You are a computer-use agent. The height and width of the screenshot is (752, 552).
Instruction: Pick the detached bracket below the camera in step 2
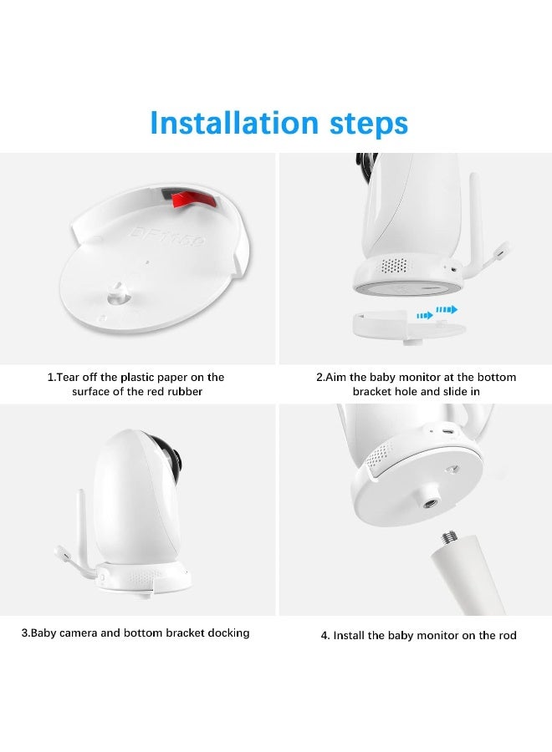pos(410,325)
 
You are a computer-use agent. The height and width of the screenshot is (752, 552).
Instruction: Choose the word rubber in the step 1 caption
pos(182,391)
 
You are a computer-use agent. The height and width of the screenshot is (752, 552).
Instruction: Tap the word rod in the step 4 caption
pos(505,635)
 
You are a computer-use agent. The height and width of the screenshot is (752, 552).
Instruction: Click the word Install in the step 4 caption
pos(352,635)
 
